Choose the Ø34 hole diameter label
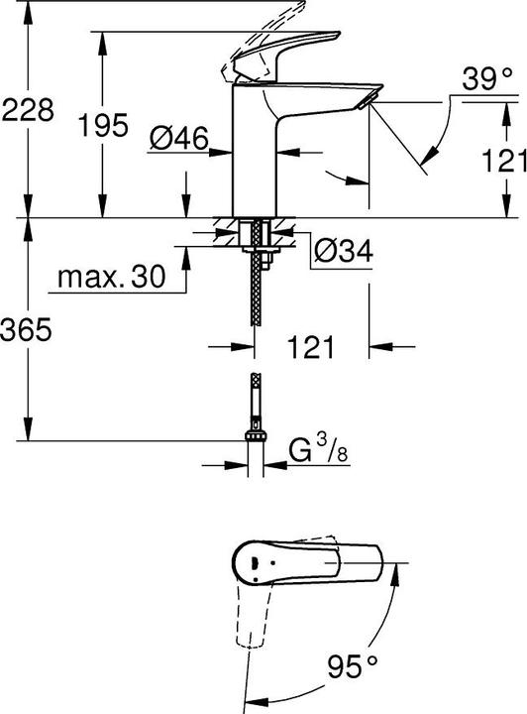click(x=342, y=254)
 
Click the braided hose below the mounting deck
click(x=257, y=288)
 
